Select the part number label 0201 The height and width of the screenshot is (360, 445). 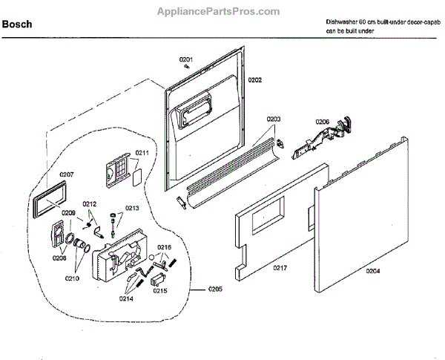click(x=185, y=59)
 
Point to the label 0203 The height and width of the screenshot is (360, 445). click(x=274, y=119)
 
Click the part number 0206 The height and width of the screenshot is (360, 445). click(x=322, y=122)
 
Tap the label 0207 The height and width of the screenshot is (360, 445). click(x=67, y=174)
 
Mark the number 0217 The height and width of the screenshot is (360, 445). click(x=280, y=267)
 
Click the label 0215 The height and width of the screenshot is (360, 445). click(x=160, y=291)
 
